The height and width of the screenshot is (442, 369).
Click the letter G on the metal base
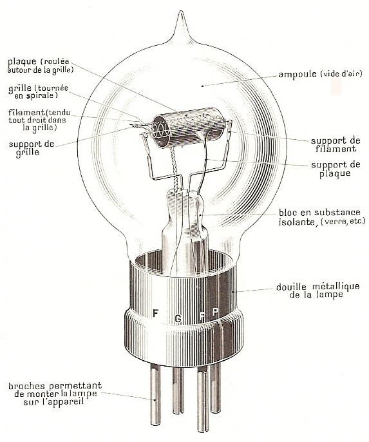(x=178, y=319)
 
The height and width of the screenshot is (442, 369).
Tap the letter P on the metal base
(x=215, y=312)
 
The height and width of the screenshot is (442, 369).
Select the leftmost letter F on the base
(x=155, y=313)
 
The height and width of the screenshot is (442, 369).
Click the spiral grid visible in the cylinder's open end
(x=160, y=130)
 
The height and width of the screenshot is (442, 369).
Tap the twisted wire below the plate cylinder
(x=175, y=169)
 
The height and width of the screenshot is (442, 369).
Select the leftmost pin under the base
(x=156, y=394)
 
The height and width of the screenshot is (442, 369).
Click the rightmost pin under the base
(x=216, y=389)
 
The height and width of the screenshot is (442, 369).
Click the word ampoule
(x=298, y=75)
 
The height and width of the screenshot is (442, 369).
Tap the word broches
(x=27, y=385)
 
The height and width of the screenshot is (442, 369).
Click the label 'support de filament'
(x=336, y=145)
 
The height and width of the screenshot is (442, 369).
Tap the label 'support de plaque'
(x=336, y=169)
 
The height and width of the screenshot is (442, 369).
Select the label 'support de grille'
(x=32, y=148)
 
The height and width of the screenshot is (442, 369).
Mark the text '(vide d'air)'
(x=341, y=74)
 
